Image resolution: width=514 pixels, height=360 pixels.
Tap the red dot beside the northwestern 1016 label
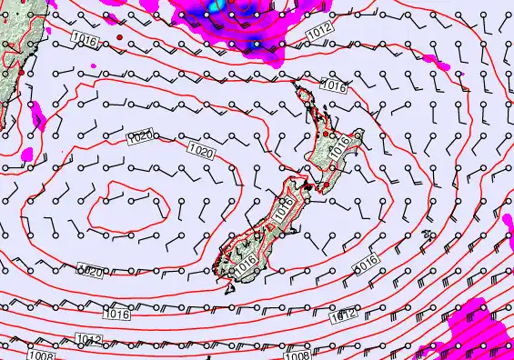119,37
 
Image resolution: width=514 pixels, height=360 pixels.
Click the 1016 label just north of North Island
334,87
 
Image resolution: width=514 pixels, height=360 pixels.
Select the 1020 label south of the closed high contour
90,271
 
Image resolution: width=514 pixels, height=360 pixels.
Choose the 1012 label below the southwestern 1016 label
87,340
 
